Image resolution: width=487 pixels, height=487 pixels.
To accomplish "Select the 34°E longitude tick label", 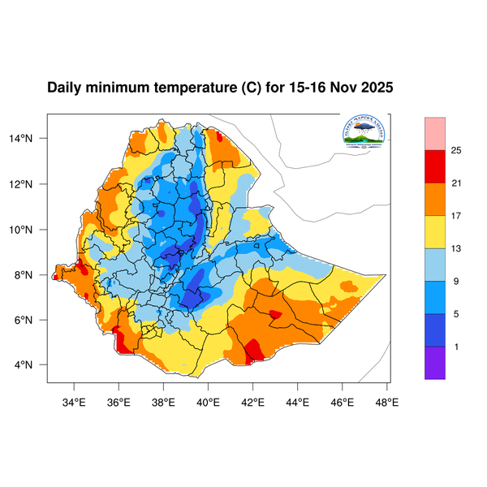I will coord(75,399).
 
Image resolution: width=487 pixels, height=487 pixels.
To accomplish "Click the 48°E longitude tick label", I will coord(386,399).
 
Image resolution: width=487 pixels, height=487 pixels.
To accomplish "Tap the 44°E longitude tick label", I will coord(297,399).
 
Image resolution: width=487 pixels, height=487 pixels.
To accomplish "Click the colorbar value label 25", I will coord(456,151).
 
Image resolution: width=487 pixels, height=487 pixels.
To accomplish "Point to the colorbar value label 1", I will coord(456,347).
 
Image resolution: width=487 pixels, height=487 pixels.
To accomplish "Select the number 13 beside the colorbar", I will coord(456,249).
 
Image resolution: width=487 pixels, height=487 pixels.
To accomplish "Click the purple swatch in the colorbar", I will coord(435,363).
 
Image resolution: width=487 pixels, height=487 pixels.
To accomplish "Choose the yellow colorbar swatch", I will coord(435,231).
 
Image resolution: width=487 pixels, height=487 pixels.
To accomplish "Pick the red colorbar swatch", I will coord(435,166).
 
